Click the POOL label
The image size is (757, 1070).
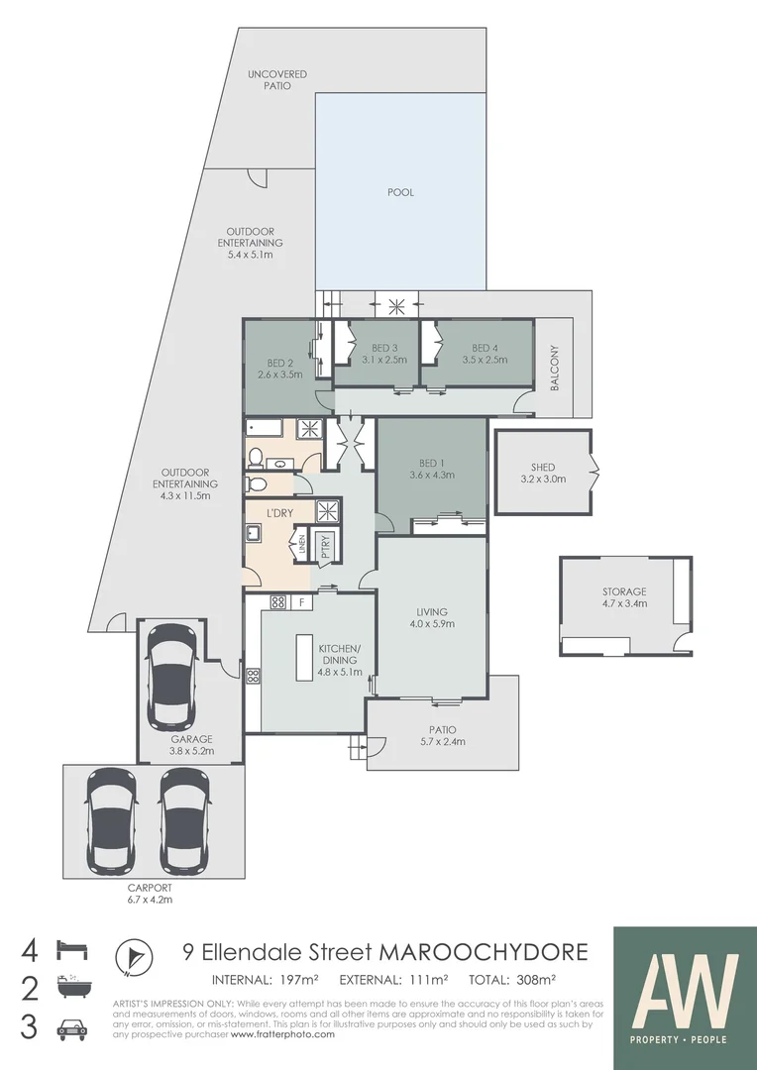tap(400, 192)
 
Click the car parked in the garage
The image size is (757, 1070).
tap(172, 674)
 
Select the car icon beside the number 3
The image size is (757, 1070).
tap(71, 1027)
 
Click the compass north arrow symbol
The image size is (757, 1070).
tap(134, 956)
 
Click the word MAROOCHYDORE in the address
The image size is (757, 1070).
tap(482, 953)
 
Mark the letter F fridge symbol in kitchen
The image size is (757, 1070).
tap(301, 601)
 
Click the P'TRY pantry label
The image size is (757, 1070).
tap(325, 546)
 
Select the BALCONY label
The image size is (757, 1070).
tap(555, 368)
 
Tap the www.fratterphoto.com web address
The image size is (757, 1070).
tap(282, 1033)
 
